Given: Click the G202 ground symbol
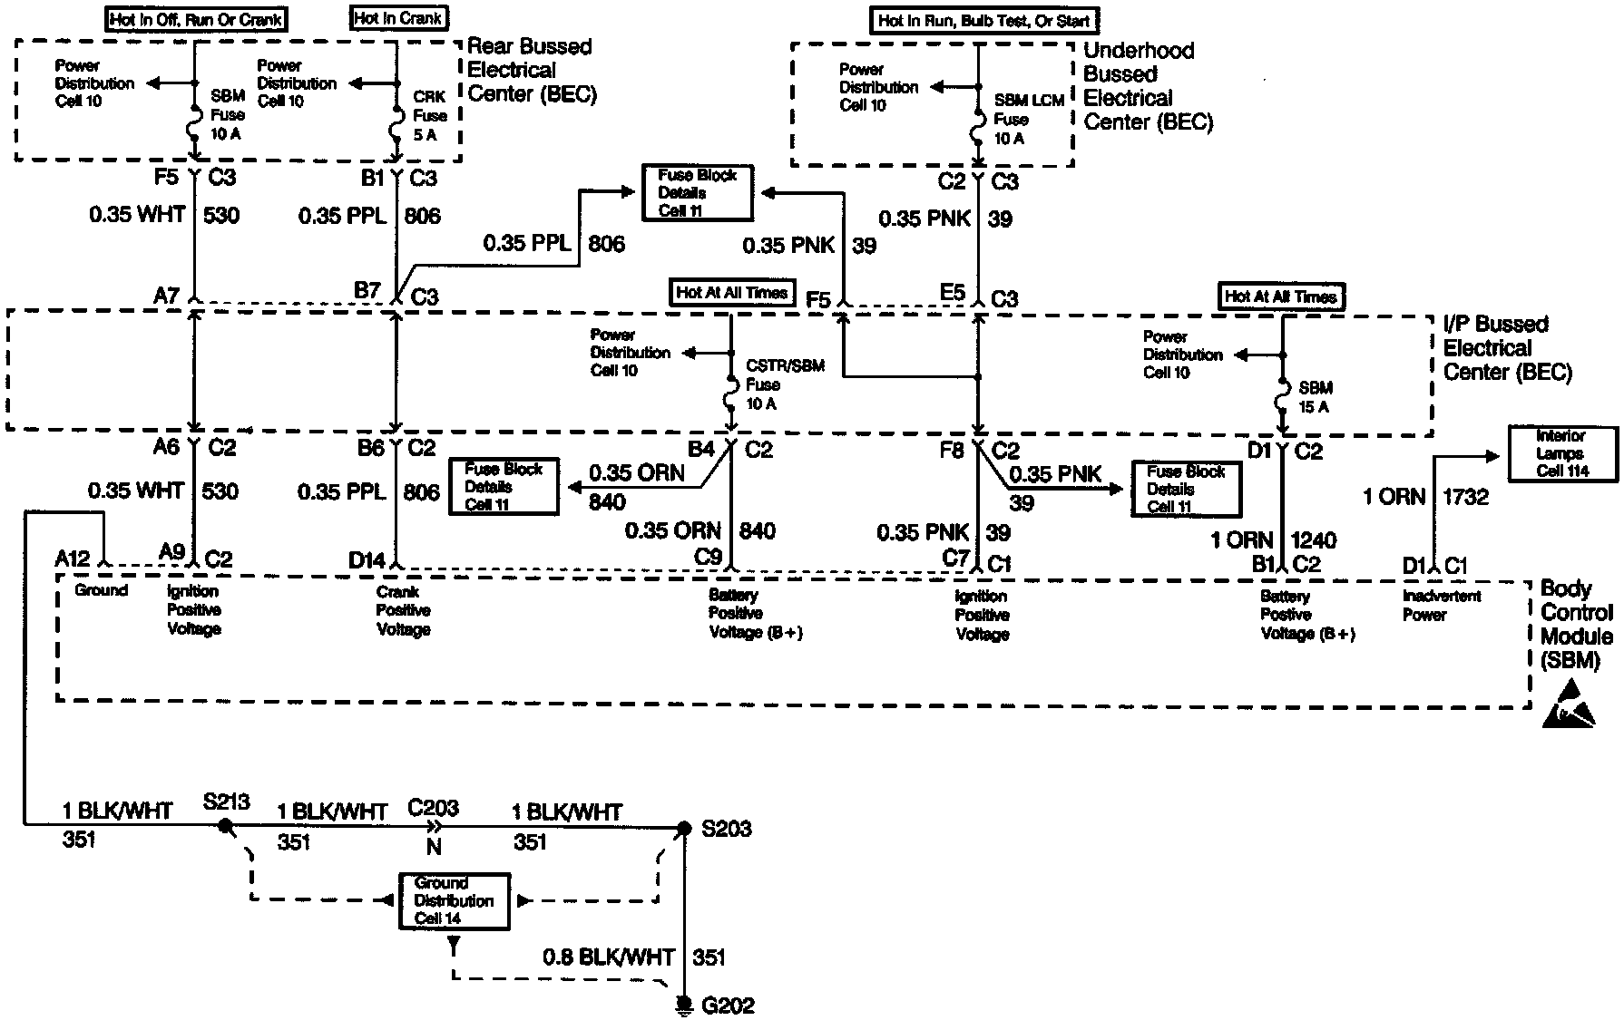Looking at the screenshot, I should (x=683, y=1005).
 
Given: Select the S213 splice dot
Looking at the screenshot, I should (x=224, y=826).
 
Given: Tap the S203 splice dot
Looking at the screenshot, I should (x=685, y=827).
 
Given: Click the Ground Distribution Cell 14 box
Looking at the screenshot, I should (x=454, y=900).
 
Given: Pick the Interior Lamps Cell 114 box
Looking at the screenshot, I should (x=1562, y=453).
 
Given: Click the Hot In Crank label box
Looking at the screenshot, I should (x=398, y=17).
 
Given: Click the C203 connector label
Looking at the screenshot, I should (x=433, y=808).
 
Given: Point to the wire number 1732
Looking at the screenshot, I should (x=1465, y=496).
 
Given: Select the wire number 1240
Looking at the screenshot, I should (x=1313, y=540).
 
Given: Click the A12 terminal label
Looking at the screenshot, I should (x=73, y=557).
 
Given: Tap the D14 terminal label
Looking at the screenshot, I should (x=367, y=560).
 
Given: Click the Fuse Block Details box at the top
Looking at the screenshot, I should (x=697, y=192).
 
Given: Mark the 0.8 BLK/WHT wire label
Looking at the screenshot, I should (x=609, y=957).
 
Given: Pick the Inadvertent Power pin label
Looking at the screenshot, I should (x=1441, y=605).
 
